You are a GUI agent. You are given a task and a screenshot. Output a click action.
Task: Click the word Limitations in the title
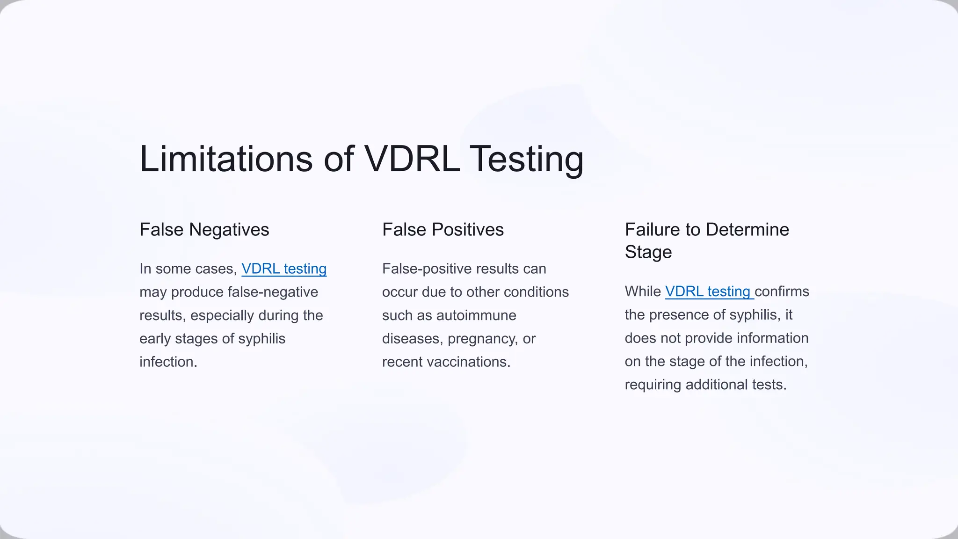226,159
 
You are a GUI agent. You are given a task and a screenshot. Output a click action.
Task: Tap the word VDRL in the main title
412,159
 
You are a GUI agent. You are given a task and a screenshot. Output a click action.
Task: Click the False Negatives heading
204,230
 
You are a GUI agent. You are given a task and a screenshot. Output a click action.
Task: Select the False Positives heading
443,230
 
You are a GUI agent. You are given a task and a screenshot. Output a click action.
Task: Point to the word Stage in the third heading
648,252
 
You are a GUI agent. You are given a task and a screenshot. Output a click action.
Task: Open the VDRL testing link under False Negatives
284,269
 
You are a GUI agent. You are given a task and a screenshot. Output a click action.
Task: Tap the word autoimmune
476,315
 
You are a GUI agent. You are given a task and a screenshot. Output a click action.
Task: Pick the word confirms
782,291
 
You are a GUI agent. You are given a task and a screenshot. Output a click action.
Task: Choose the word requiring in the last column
653,385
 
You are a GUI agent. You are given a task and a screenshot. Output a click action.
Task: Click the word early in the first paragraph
155,339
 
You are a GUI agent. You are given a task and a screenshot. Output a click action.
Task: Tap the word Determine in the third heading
747,230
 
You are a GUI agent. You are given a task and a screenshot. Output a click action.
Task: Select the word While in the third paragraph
643,291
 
